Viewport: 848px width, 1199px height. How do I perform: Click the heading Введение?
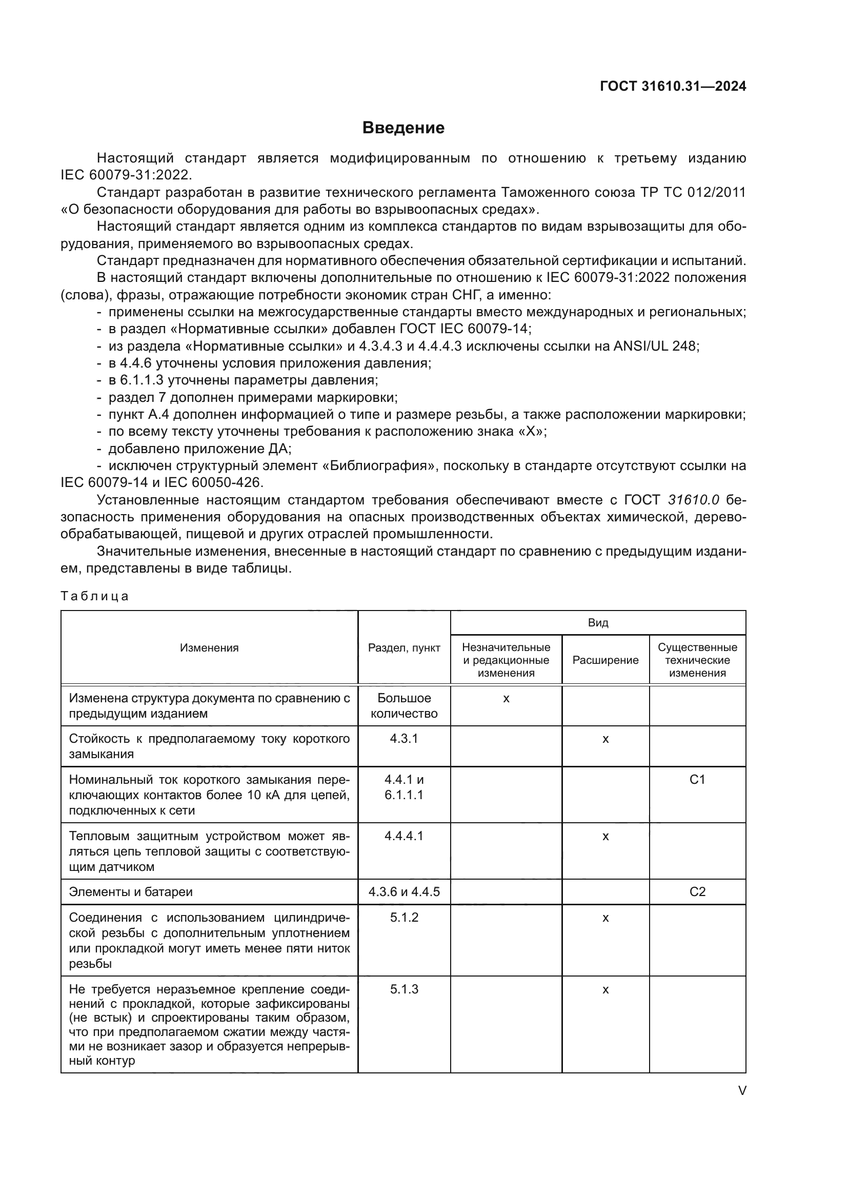(403, 128)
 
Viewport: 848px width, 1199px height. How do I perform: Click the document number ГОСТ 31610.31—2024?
(673, 86)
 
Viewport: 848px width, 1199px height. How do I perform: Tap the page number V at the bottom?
(742, 1091)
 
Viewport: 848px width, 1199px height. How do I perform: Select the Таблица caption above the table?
(94, 596)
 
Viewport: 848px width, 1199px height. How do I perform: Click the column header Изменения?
(209, 647)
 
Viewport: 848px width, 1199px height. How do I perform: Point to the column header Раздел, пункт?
(403, 647)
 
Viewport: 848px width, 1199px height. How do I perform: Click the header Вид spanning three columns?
(598, 622)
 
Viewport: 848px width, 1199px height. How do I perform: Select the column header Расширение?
(605, 660)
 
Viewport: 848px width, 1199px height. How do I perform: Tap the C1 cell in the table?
(697, 780)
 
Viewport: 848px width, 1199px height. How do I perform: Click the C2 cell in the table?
(697, 892)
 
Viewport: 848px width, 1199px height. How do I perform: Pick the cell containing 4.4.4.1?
(403, 836)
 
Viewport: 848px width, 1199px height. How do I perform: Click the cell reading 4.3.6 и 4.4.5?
(403, 892)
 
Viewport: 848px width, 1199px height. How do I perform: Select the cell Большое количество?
(403, 706)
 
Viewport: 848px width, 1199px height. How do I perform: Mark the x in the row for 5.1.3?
(605, 989)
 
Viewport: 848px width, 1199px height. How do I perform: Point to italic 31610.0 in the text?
(694, 500)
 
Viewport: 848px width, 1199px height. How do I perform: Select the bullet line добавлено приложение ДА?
(199, 449)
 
